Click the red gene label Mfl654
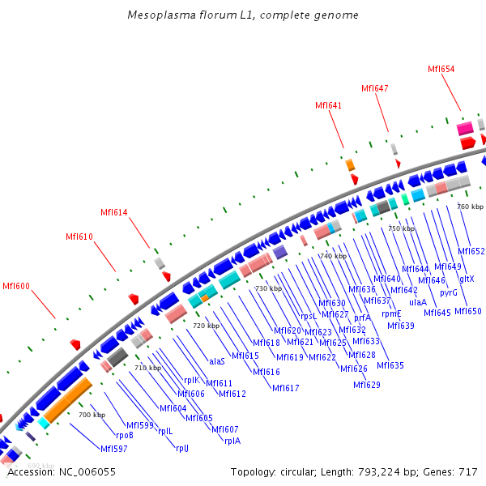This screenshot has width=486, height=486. pos(441,69)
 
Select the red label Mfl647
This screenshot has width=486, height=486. pos(375,88)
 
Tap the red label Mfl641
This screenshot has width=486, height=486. pos(328,105)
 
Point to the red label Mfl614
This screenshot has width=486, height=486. pos(113,212)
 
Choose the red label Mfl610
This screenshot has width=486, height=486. pos(79,237)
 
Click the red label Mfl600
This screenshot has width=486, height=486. pos(16,286)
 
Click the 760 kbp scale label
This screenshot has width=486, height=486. pos(470,207)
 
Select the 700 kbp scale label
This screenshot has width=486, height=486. pos(92,415)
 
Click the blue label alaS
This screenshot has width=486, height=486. pos(217,361)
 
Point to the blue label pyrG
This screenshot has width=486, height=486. pos(449,292)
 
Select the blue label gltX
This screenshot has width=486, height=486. pos(467,279)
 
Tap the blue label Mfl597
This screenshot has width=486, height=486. pos(113,448)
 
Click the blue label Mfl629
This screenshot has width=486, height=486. pos(367,385)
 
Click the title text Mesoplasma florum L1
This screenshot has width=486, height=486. pos(243,15)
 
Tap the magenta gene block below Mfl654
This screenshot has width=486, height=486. pos(465,129)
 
